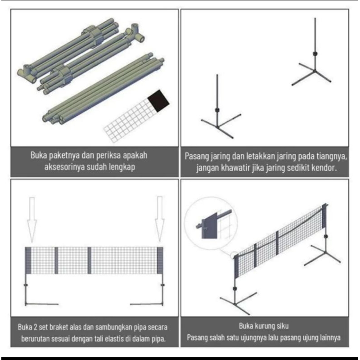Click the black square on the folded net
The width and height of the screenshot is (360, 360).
(x=159, y=100)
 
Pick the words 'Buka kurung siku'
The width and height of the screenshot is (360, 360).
(x=264, y=325)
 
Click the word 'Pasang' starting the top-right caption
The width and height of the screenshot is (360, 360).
(x=197, y=157)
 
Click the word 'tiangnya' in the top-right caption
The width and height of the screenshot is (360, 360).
(x=329, y=157)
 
